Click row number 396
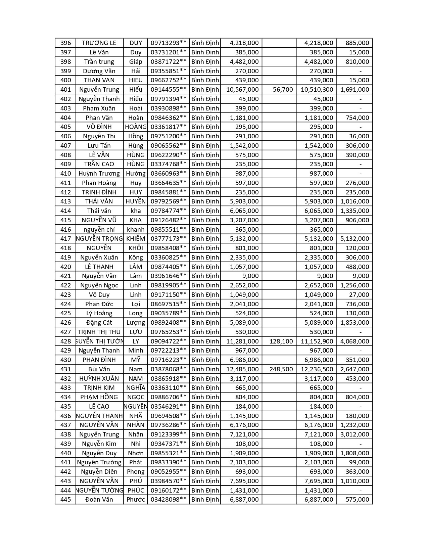point(66,43)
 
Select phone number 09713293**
point(168,43)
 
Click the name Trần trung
point(99,62)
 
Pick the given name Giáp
point(136,62)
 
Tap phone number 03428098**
point(168,500)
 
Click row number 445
point(66,500)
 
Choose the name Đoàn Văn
point(99,500)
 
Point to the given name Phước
point(136,500)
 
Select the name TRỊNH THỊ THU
point(99,332)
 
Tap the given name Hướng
point(136,174)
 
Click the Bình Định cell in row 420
point(205,267)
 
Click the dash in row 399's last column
point(360,71)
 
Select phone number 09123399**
point(168,434)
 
